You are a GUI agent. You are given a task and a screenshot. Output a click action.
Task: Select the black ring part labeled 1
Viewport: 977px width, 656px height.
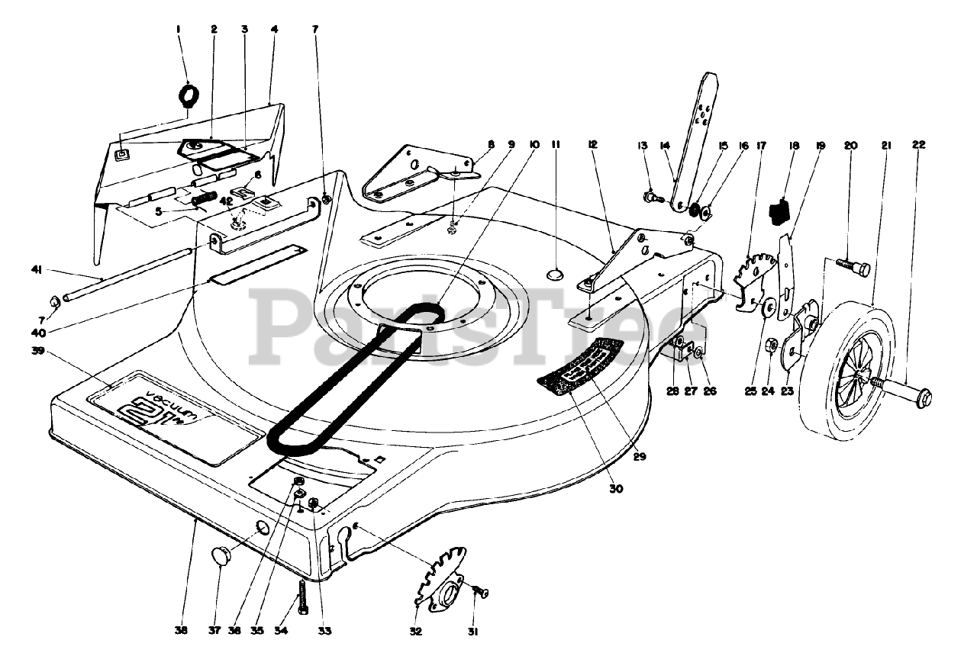[188, 95]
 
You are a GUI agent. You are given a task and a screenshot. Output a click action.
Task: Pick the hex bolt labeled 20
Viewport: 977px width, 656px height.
[854, 268]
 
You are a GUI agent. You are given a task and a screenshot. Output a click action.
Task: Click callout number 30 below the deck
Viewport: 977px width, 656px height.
[616, 489]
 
